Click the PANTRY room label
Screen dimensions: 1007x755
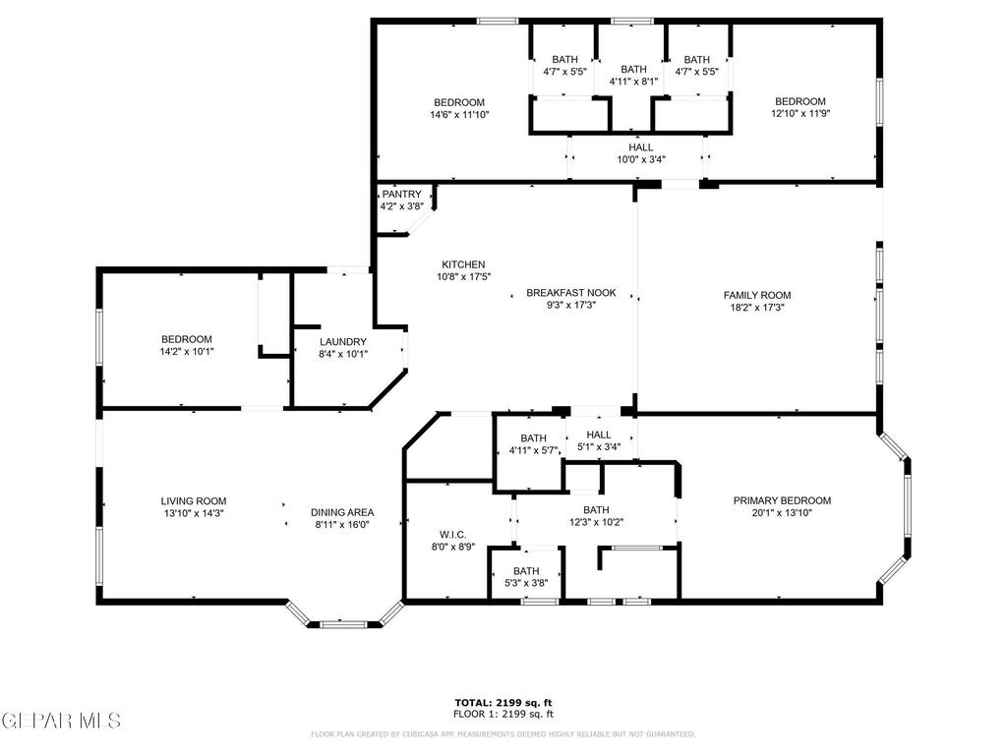(402, 194)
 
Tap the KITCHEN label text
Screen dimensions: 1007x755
(463, 264)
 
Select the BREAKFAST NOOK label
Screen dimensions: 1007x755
(571, 293)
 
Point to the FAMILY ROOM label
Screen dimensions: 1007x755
(757, 295)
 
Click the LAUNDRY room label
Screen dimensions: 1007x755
(343, 342)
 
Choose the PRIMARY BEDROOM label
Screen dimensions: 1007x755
(782, 500)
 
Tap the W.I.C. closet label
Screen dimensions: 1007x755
(452, 535)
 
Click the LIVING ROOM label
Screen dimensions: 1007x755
(194, 501)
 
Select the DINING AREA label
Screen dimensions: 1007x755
(342, 512)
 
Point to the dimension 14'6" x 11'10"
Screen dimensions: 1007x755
(459, 115)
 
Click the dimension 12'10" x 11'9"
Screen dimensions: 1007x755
(800, 114)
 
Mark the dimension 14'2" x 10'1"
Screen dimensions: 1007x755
(186, 352)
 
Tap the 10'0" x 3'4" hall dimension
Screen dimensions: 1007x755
(641, 159)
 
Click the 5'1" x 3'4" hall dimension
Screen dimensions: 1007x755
(599, 447)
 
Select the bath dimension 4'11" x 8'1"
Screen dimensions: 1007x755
(634, 82)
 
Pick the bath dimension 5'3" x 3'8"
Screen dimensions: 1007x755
(526, 584)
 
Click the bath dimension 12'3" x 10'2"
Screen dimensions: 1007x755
(596, 523)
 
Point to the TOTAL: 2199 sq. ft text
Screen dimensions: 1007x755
(503, 703)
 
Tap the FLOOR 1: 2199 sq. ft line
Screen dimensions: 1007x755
(503, 714)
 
